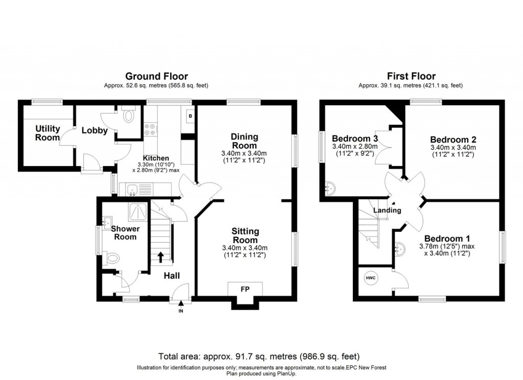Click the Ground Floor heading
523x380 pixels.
(156, 77)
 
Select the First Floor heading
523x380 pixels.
(411, 77)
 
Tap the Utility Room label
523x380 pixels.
(47, 133)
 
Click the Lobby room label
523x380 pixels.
(94, 130)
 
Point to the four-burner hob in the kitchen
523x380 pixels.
(151, 129)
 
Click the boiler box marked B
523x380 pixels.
(190, 116)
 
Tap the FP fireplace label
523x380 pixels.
(245, 289)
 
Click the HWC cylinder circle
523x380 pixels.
(370, 278)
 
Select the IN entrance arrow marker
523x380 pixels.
(181, 306)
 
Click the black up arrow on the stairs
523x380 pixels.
(160, 257)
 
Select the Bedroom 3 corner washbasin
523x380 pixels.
(329, 188)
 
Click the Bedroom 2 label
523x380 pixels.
(453, 139)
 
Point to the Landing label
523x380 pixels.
(387, 210)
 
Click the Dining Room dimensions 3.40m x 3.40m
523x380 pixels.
(244, 153)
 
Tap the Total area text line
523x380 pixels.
(259, 357)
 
